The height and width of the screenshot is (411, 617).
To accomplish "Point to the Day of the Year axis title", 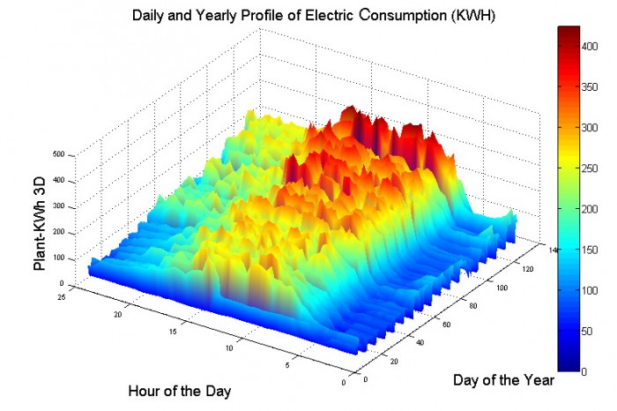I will pyautogui.click(x=503, y=380).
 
